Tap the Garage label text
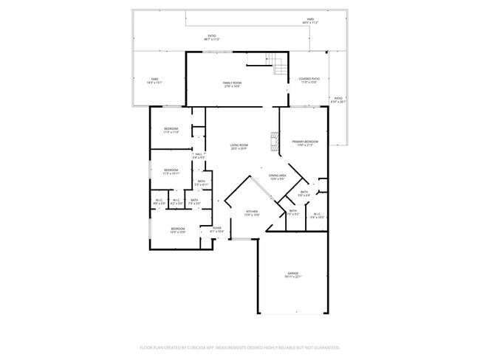293,274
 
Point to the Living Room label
238,146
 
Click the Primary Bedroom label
305,142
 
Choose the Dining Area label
278,176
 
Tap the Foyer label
217,229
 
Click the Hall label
198,155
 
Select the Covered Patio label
309,80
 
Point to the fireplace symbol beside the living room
275,140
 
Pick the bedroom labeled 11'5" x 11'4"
171,130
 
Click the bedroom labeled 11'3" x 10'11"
171,171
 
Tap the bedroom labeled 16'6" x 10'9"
177,229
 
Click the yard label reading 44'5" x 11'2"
309,21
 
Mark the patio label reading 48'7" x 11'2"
212,37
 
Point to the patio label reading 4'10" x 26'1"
338,100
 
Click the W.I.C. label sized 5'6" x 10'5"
316,215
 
